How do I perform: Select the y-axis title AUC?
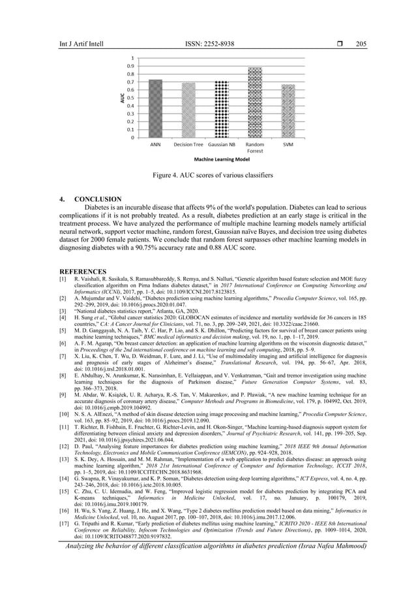pos(121,99)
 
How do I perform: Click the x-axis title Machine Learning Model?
pos(222,159)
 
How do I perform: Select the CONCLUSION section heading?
pos(98,199)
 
